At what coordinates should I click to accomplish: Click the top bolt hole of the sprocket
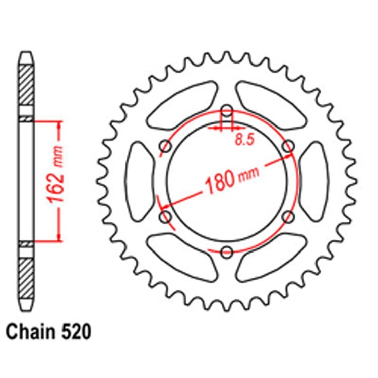227,110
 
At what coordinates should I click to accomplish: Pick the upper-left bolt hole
165,146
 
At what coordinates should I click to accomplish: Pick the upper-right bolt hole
288,146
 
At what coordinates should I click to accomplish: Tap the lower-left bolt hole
165,216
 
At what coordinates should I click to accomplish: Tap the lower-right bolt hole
288,216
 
